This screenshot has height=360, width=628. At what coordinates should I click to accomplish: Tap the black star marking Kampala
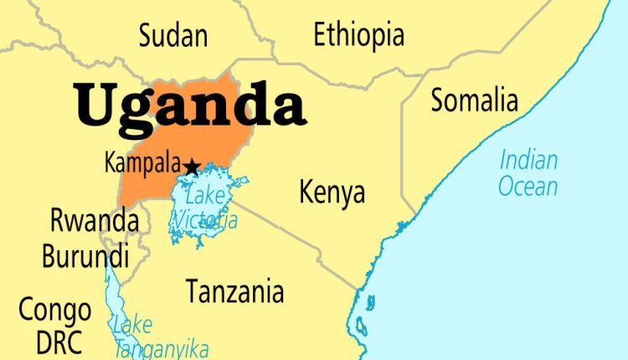(x=192, y=167)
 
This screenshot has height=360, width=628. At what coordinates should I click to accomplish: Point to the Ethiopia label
(x=358, y=35)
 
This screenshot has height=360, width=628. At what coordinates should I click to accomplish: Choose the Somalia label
(x=474, y=100)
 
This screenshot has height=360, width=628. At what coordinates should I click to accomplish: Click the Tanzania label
(x=234, y=292)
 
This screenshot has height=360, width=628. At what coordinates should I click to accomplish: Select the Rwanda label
(x=94, y=222)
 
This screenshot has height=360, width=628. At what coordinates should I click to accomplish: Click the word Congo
(x=55, y=311)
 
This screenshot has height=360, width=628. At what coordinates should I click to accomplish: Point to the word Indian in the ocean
(x=528, y=159)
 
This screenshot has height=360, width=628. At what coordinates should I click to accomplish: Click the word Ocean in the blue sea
(x=528, y=186)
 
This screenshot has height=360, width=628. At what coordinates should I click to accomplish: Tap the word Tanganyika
(x=162, y=348)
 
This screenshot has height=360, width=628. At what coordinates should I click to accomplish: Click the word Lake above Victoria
(x=205, y=198)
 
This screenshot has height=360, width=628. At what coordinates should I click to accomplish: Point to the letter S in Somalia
(x=439, y=100)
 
